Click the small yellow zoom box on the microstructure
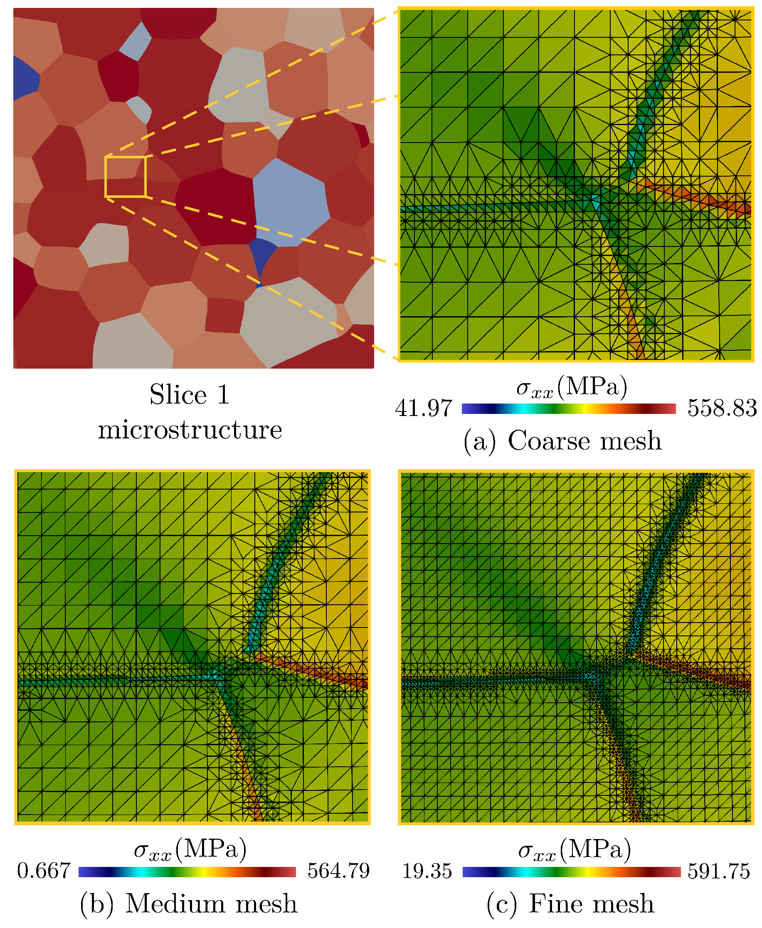point(125,176)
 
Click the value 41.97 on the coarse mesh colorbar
point(423,408)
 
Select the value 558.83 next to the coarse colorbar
point(722,408)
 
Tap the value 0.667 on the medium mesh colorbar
point(44,871)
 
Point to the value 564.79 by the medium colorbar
point(338,871)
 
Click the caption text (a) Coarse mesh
point(562,441)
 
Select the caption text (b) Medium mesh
point(189,904)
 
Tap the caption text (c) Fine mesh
point(570,904)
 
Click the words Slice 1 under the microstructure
point(190,394)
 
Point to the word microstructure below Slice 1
point(190,430)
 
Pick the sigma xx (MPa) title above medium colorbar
point(190,849)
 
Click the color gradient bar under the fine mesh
point(571,872)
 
